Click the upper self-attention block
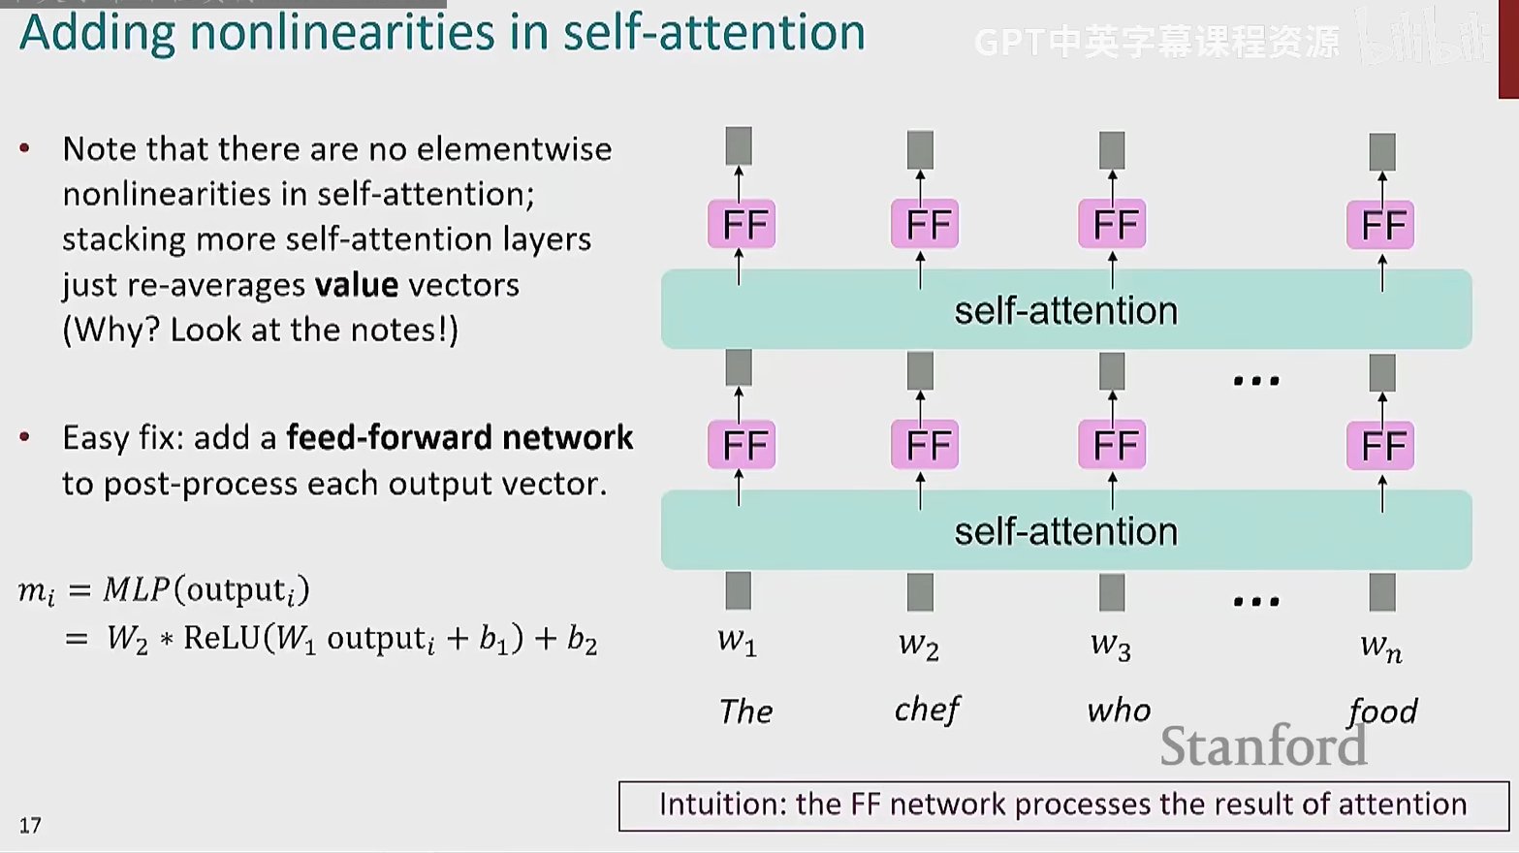(1065, 310)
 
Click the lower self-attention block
(1065, 530)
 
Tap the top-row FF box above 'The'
(742, 225)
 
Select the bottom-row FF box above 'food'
(1380, 446)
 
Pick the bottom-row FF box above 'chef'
(925, 446)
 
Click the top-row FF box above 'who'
(1113, 225)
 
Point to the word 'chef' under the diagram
(927, 711)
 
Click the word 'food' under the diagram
(1382, 711)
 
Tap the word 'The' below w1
(745, 711)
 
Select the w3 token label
(1111, 645)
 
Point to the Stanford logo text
(1263, 746)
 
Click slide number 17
(30, 825)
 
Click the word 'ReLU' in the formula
(222, 638)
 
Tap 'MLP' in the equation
(137, 589)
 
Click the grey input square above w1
(739, 590)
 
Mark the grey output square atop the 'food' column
(1382, 152)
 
